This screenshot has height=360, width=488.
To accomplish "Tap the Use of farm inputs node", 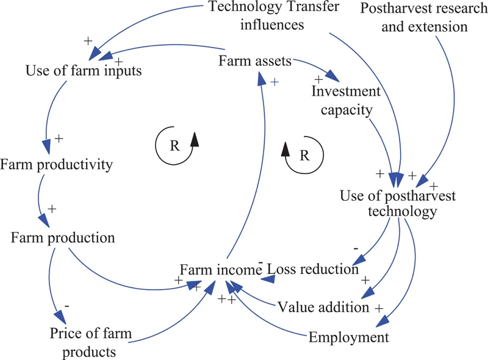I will coord(84,71).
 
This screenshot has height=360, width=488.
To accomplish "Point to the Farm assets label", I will coord(255,61).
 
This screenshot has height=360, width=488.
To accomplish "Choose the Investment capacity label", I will coord(346,101).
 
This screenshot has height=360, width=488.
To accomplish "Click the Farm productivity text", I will coord(57,165).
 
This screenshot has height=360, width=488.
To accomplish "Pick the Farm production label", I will coord(63,237).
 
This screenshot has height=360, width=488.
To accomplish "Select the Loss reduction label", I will coord(312,268).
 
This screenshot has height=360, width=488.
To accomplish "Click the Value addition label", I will coord(323,306).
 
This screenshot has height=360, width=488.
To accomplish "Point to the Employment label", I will coord(348,337).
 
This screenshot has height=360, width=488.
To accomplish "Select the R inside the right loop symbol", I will coord(304,155).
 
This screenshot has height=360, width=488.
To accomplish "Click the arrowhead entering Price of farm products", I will coord(59,316).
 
